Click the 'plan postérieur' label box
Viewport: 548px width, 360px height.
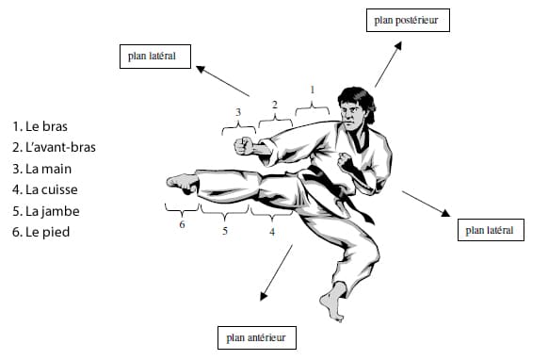point(408,21)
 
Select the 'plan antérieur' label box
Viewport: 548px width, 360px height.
point(257,337)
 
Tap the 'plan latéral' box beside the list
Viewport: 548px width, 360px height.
point(155,57)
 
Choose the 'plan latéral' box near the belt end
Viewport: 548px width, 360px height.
point(491,230)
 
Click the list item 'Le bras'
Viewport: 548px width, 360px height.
point(40,126)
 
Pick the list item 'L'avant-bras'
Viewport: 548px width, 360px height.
point(54,147)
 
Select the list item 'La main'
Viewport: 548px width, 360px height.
point(42,169)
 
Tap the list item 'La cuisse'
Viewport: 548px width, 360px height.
point(45,189)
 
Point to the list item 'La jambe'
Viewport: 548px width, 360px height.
point(46,211)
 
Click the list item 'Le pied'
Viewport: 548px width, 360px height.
point(40,232)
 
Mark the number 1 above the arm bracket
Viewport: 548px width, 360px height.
point(312,90)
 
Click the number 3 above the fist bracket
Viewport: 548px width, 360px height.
point(238,112)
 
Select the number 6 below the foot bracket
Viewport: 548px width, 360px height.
point(182,224)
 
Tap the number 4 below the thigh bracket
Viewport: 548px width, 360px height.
point(272,232)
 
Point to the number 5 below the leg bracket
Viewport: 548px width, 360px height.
point(225,231)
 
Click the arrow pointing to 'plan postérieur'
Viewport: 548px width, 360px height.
point(388,64)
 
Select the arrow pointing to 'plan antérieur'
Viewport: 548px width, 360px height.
point(277,272)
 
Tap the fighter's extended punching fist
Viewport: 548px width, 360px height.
point(244,146)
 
